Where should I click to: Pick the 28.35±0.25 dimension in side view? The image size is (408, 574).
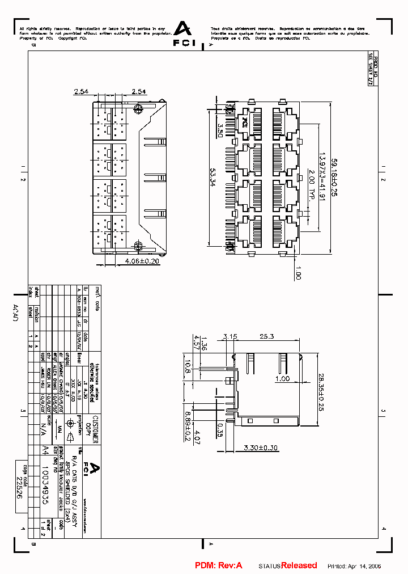[320, 391]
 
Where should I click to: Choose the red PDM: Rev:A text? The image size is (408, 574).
[218, 565]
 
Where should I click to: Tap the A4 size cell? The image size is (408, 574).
[46, 450]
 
